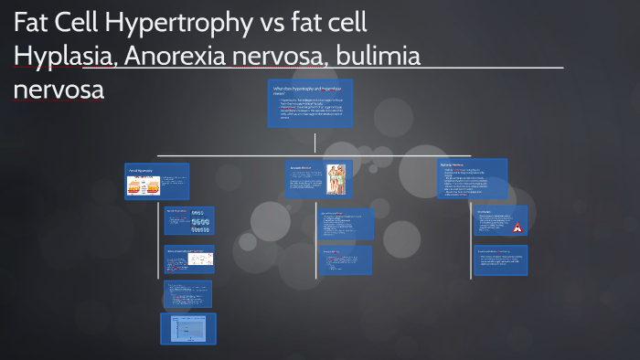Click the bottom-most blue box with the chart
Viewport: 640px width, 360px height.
188,329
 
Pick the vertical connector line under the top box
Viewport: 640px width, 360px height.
315,142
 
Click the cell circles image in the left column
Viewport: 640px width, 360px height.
201,222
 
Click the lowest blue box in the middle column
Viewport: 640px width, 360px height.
347,260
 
